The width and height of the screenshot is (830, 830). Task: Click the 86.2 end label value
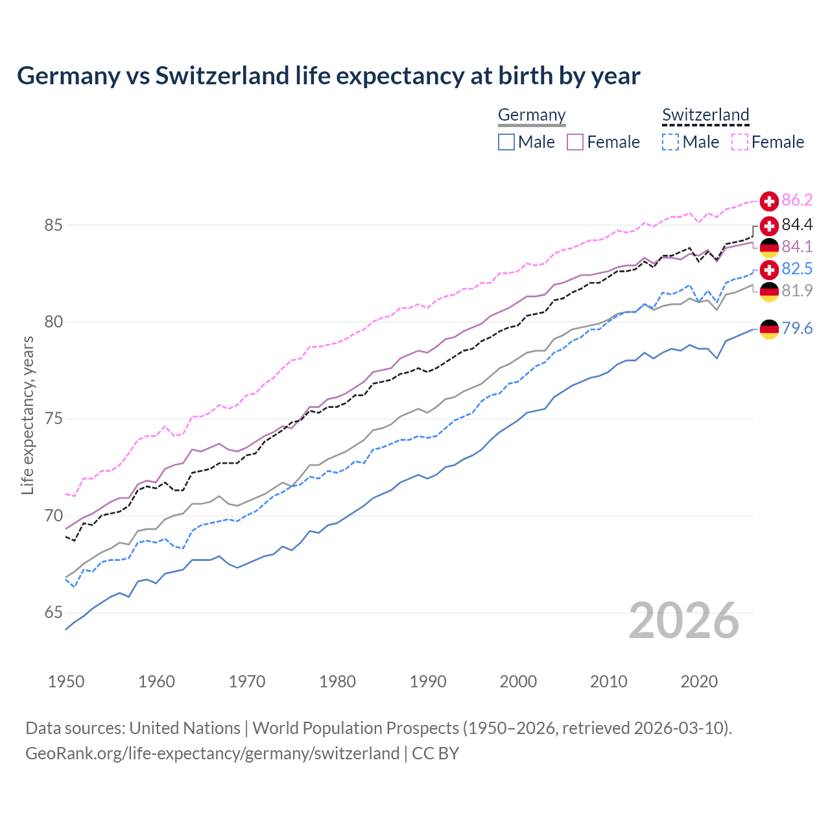797,200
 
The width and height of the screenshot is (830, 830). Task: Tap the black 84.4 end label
797,225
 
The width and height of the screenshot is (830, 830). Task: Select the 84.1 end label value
797,247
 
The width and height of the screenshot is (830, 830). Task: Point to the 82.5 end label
797,269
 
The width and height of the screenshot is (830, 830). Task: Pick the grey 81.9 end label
797,291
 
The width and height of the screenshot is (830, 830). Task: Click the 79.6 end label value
797,329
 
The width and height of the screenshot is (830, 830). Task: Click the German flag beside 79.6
769,329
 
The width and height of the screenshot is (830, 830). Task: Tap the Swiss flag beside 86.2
769,201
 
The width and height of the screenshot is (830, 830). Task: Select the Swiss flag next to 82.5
769,269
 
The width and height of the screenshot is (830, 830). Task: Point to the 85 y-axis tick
53,226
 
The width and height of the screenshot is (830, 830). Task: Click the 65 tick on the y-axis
53,613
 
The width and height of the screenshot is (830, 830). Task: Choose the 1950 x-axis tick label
66,682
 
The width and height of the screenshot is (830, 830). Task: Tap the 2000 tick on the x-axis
518,682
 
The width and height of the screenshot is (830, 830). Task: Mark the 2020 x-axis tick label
699,682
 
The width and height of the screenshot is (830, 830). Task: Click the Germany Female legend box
575,142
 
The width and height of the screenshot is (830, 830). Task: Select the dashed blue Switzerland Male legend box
670,142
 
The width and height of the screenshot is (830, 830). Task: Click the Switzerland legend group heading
705,115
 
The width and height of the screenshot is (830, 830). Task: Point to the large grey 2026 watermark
684,621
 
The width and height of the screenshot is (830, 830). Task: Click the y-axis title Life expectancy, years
28,415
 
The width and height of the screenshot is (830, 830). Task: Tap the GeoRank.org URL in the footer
212,753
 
